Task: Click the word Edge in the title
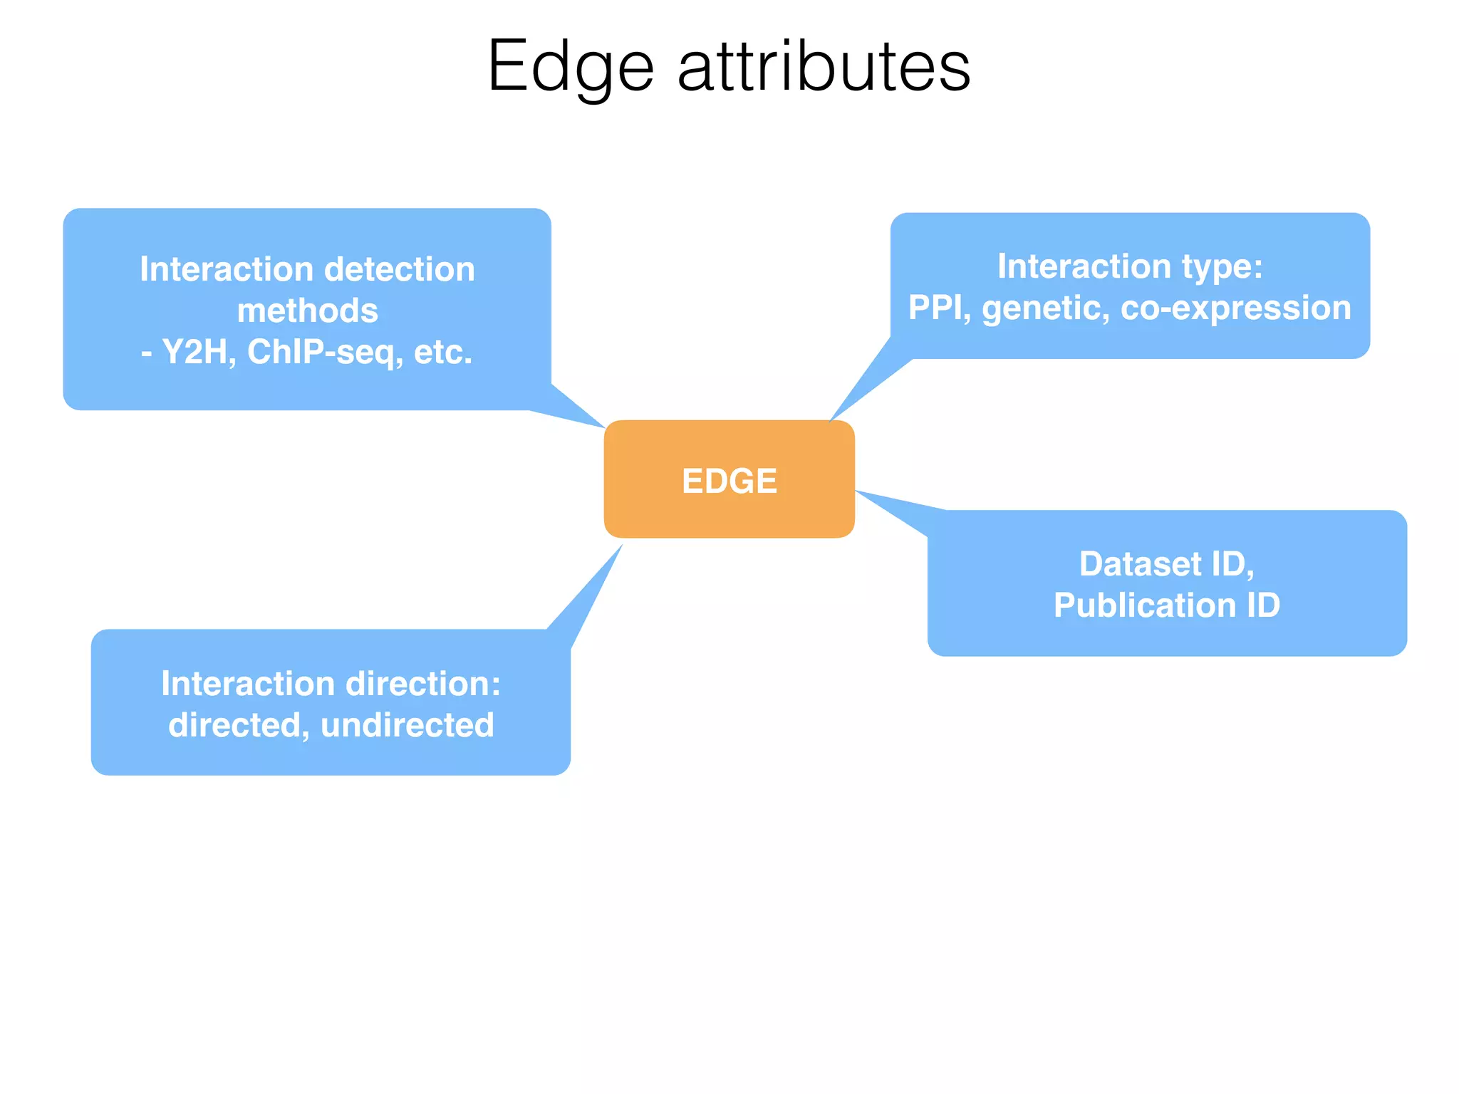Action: [570, 68]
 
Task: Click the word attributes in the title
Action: [824, 68]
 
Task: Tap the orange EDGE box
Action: [729, 479]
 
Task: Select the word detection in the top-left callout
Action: [399, 269]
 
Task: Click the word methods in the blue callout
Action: [307, 311]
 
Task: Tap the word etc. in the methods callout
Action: [442, 352]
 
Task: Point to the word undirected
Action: [407, 725]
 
